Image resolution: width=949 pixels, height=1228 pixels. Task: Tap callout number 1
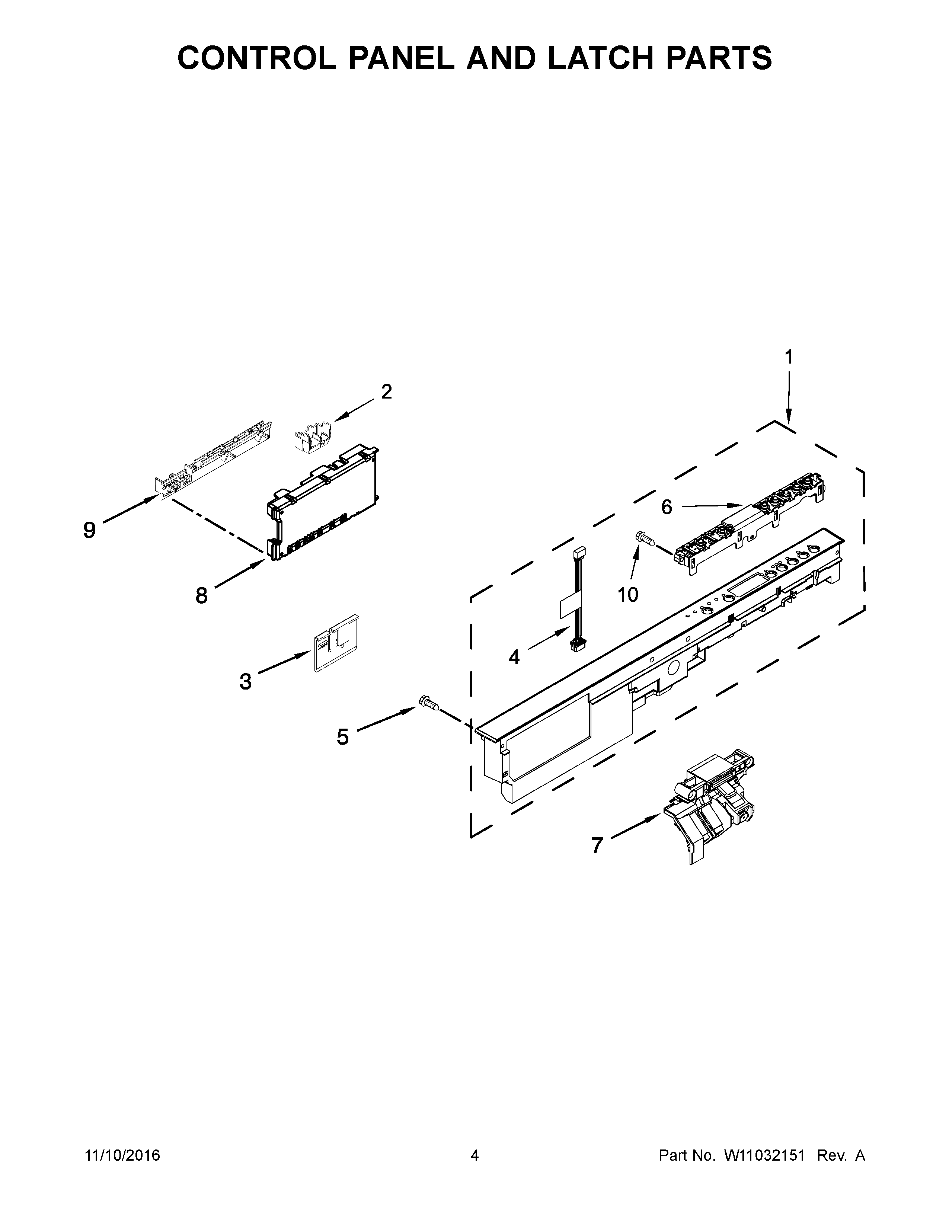click(x=788, y=357)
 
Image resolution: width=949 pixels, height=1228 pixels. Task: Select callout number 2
click(x=386, y=391)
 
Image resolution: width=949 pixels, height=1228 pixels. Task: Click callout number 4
click(x=514, y=657)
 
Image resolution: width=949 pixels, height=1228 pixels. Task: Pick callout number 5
click(x=342, y=736)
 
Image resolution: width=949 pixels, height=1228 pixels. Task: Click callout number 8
click(x=201, y=595)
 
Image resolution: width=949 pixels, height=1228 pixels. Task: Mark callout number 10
click(x=628, y=594)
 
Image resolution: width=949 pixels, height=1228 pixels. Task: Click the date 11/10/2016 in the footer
click(x=122, y=1155)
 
